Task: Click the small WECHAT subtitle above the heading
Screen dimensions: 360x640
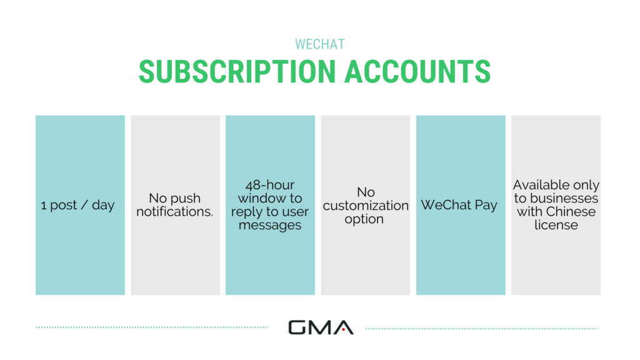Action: (x=319, y=44)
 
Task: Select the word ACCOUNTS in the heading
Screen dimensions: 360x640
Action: (x=417, y=71)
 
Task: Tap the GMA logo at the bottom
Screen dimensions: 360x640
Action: (x=321, y=327)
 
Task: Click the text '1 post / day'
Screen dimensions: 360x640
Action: (x=78, y=205)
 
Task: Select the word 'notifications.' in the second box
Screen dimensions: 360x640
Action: (x=175, y=212)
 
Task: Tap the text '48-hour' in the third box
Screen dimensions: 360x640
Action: (x=270, y=185)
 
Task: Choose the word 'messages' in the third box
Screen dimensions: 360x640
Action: (x=270, y=225)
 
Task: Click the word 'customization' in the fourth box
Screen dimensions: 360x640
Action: (x=366, y=206)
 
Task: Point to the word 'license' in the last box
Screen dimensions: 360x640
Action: (x=556, y=225)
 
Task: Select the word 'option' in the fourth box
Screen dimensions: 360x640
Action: (x=364, y=219)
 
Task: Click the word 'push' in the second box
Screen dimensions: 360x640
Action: (x=186, y=198)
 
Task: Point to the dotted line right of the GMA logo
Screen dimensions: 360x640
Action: (x=482, y=327)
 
